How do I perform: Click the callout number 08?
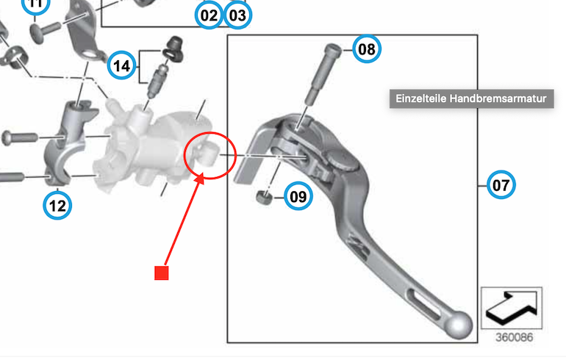367,49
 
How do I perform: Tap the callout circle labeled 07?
501,185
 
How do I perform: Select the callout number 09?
298,197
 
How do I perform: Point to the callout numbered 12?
57,206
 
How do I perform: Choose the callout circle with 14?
121,65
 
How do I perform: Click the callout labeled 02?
209,15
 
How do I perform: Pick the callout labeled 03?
238,15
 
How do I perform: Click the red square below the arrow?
162,273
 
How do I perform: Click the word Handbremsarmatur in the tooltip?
498,98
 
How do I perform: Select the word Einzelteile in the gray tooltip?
420,98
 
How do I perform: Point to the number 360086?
514,337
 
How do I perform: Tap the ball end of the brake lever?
459,325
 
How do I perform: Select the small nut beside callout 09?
265,198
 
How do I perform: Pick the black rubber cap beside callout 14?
174,48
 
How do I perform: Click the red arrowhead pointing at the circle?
199,179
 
